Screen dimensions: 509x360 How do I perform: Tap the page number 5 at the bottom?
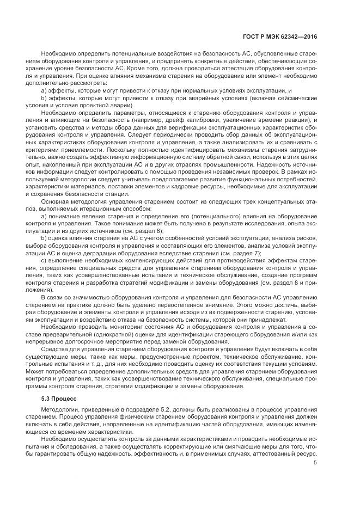[x=315, y=463]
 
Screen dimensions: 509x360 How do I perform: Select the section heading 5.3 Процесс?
[x=59, y=398]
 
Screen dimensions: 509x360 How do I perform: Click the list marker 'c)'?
[x=44, y=261]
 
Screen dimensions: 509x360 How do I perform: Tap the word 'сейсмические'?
[x=295, y=98]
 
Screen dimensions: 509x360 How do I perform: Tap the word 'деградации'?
[x=102, y=253]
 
